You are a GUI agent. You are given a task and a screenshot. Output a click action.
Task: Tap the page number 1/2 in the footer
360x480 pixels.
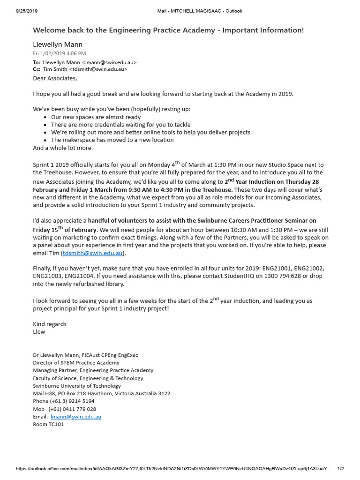tap(341, 468)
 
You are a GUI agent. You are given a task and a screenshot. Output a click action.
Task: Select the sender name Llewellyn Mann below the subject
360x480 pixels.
tap(58, 45)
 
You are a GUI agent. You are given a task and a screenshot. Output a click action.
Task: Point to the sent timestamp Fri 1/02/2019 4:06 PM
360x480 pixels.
tap(60, 53)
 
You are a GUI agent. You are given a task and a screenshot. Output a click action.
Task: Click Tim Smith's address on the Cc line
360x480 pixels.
tap(98, 69)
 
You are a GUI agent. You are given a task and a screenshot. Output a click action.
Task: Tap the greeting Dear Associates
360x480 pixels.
tap(54, 78)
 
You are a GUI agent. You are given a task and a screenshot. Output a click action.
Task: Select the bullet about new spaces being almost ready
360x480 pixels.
tap(96, 117)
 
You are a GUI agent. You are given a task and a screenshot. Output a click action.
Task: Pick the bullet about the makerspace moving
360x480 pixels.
tap(112, 140)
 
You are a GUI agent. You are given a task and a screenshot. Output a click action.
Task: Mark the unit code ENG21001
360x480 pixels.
tap(279, 269)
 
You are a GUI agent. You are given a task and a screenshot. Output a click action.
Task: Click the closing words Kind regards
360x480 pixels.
tap(50, 324)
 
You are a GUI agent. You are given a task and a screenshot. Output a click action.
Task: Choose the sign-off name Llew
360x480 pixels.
tap(39, 332)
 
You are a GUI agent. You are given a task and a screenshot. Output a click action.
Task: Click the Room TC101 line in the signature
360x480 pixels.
tap(48, 424)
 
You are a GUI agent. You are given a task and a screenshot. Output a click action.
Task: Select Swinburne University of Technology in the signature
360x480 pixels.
tap(77, 386)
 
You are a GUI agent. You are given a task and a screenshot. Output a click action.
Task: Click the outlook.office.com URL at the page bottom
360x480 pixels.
tap(173, 468)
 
